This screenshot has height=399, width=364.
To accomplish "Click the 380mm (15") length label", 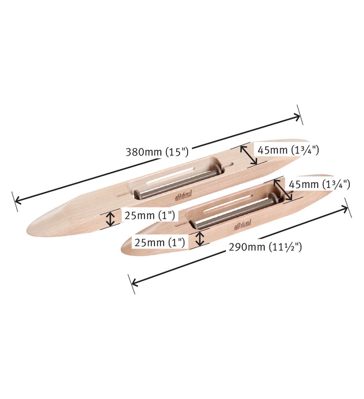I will click(x=156, y=152).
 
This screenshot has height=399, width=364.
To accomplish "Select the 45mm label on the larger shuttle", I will click(x=288, y=150).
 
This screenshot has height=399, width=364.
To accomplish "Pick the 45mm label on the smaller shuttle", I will click(x=319, y=184).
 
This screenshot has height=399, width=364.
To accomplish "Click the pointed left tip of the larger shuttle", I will click(x=29, y=230).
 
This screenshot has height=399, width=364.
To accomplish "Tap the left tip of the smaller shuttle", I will click(x=123, y=250).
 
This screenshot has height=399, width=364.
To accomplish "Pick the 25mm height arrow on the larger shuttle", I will click(x=111, y=218).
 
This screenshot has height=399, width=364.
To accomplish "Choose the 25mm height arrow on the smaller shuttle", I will click(x=200, y=238).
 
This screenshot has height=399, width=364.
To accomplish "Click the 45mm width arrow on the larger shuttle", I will click(x=249, y=155).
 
